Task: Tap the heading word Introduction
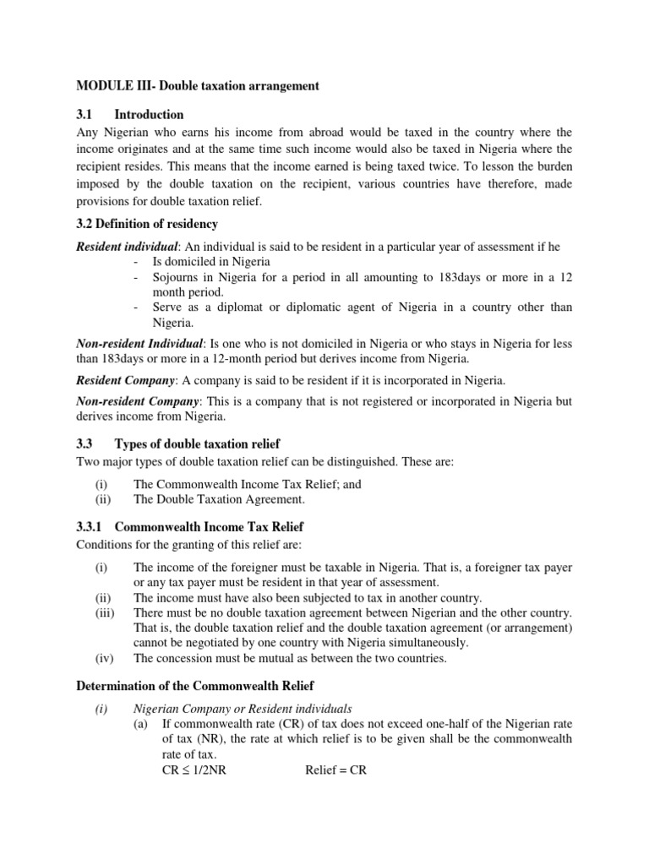click(x=149, y=114)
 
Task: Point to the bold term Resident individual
click(x=127, y=247)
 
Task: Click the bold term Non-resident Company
click(x=138, y=401)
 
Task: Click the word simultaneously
click(x=418, y=642)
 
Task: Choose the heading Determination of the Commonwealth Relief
click(x=203, y=686)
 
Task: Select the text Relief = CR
click(x=335, y=771)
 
